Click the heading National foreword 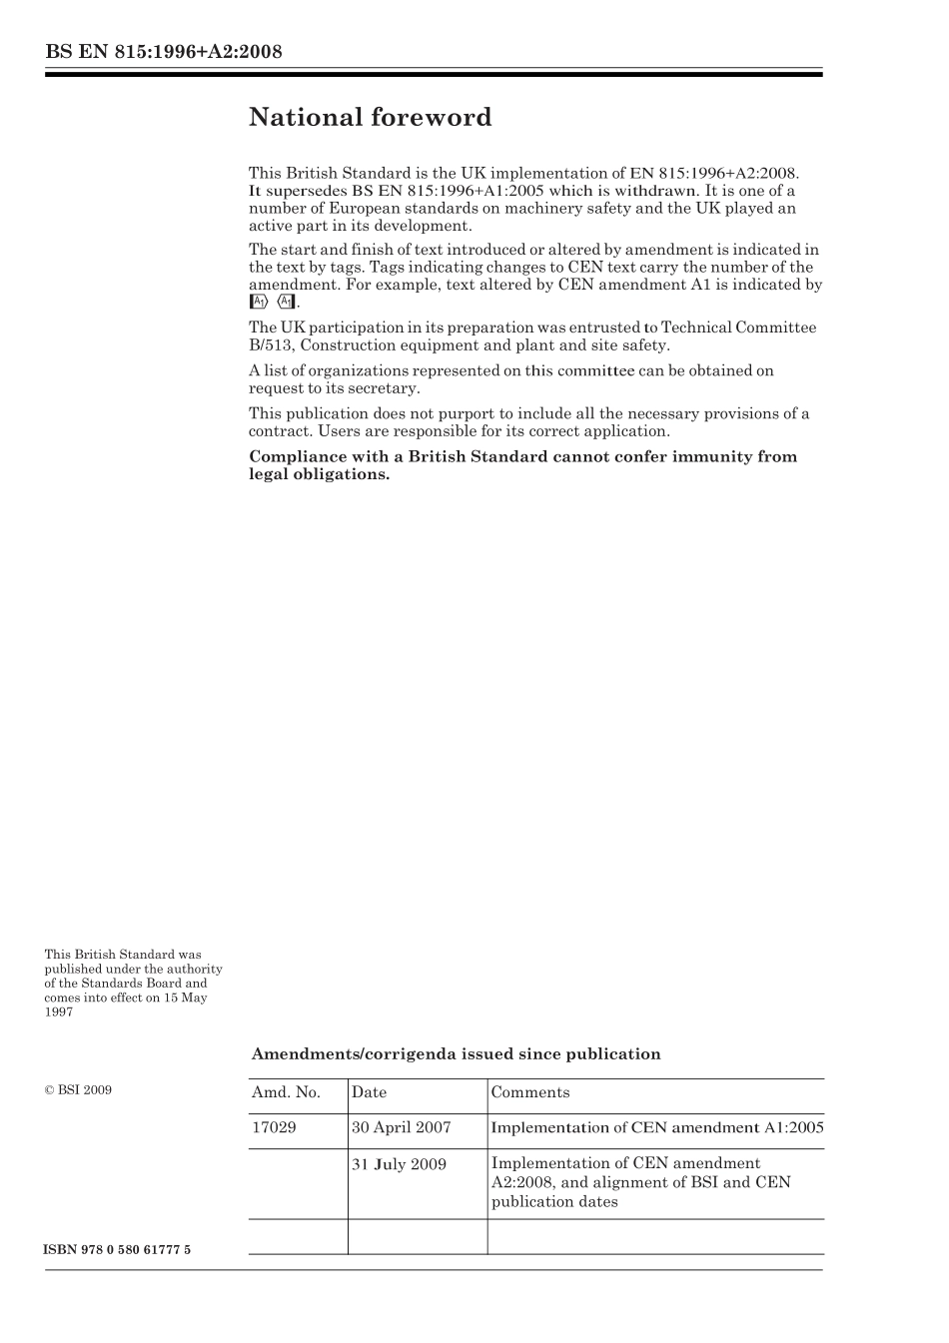370,118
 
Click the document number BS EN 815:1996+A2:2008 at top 163,52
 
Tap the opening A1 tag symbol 258,302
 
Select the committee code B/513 270,345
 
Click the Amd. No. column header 286,1092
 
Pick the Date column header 369,1092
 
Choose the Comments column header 530,1092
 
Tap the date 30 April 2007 401,1128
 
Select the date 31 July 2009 399,1164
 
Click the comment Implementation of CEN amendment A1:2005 657,1128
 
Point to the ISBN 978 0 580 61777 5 117,1250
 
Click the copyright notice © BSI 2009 78,1089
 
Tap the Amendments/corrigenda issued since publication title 456,1054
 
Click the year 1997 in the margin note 58,1011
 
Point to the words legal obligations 319,474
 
